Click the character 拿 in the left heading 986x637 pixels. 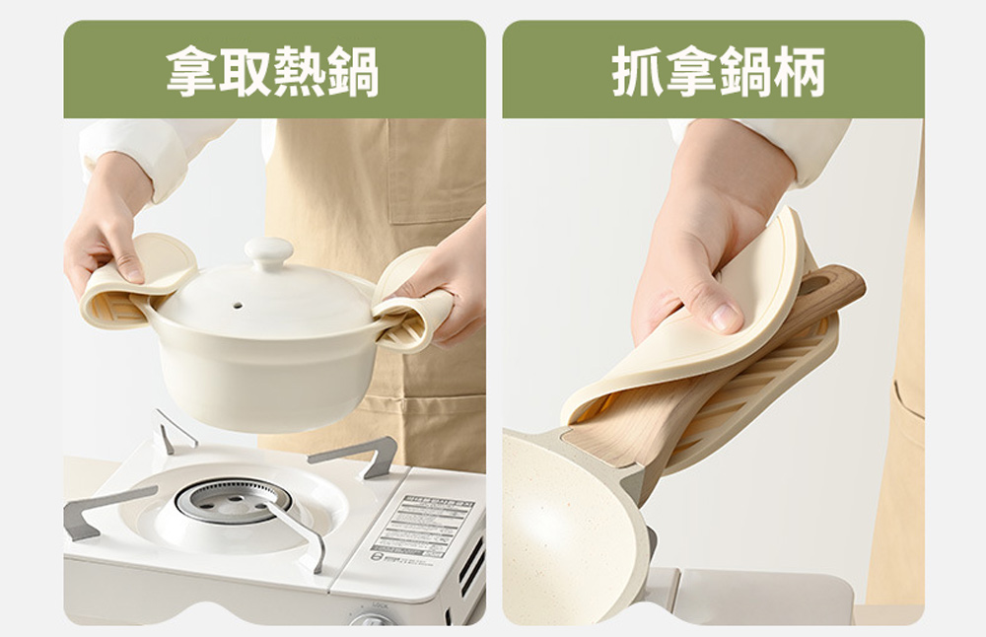[192, 71]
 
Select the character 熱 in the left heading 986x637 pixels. [300, 71]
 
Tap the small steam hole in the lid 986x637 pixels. [238, 305]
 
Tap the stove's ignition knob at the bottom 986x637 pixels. [373, 620]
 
